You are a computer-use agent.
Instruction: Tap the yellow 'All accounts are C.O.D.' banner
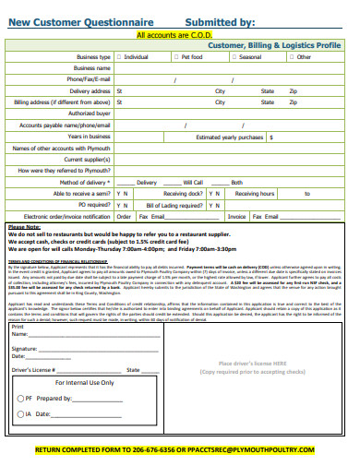(175, 35)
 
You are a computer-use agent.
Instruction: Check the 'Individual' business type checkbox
(119, 57)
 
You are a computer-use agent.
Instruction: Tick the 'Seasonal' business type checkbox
(234, 57)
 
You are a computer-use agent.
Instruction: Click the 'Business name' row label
(92, 68)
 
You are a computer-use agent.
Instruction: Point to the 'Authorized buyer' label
(90, 114)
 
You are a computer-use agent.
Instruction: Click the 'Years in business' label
(90, 137)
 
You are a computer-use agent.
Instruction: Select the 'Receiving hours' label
(254, 194)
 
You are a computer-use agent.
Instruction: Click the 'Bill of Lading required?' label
(168, 205)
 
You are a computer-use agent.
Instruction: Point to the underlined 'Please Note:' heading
(24, 227)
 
